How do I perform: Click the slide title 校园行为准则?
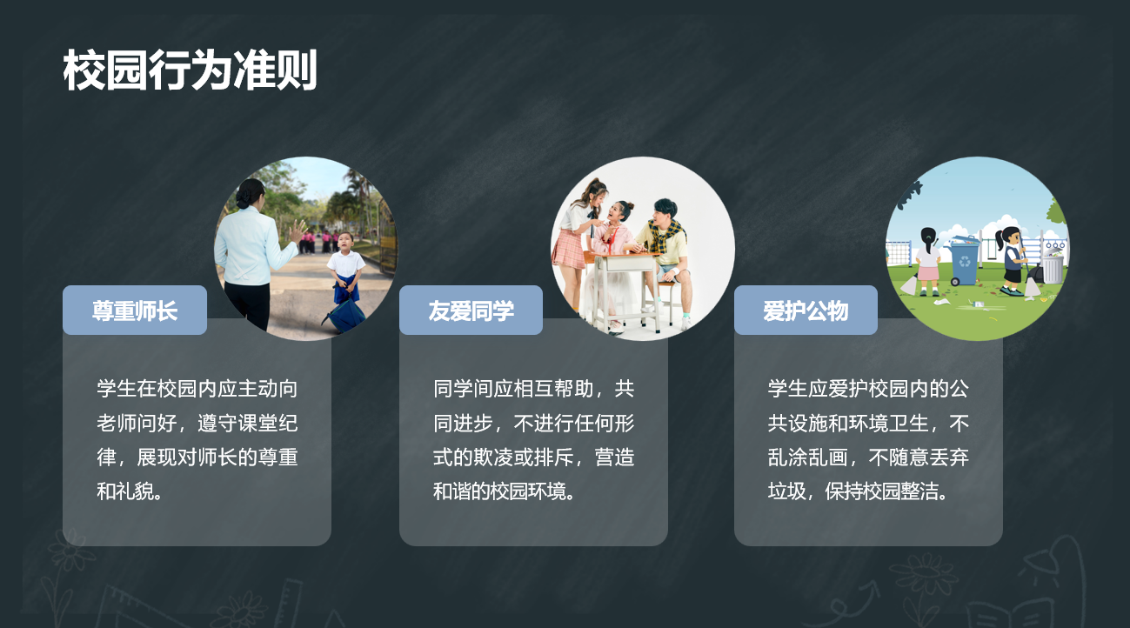[190, 70]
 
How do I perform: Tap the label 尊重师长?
[135, 311]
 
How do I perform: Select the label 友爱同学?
[471, 311]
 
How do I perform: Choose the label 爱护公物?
[806, 311]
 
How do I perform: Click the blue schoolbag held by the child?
[345, 315]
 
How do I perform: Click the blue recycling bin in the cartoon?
[964, 260]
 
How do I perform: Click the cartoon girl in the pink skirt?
[928, 263]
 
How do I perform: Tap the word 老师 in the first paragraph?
[117, 424]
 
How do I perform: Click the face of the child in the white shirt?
[345, 244]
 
